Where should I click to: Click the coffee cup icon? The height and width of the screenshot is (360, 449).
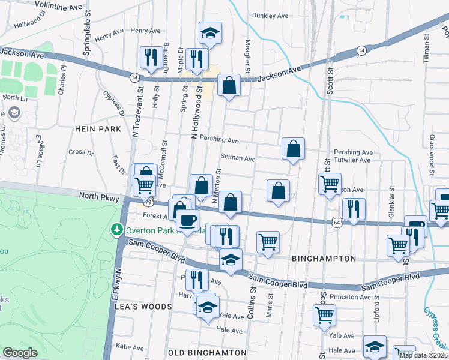click(x=187, y=220)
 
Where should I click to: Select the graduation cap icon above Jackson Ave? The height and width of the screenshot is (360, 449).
click(x=210, y=34)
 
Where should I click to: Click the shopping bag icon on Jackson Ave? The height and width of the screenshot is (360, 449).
click(x=229, y=86)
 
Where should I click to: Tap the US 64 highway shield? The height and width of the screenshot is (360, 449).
click(x=335, y=223)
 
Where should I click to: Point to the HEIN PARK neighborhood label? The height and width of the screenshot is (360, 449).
click(x=98, y=129)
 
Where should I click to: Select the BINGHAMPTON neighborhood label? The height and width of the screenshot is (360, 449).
click(x=324, y=259)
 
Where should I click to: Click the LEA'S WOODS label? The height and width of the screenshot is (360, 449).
click(x=143, y=306)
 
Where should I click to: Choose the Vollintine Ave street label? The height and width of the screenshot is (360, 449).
click(x=58, y=5)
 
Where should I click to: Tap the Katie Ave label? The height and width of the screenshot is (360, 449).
click(x=130, y=347)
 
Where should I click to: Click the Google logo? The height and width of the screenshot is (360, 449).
click(x=20, y=353)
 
